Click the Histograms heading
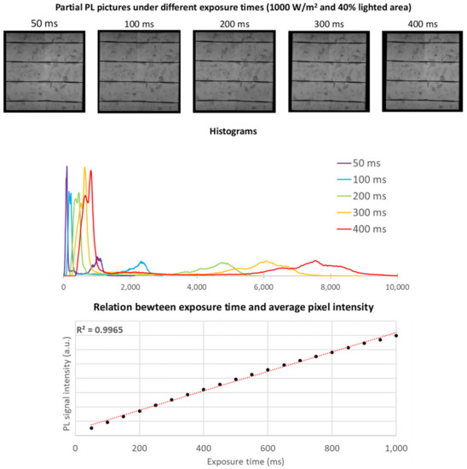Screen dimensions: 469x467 coord(233,132)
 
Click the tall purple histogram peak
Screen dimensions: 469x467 coord(66,168)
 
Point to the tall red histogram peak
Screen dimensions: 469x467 coord(90,172)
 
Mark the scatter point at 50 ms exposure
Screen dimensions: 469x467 coord(91,427)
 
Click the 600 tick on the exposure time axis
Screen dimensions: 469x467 coord(268,448)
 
